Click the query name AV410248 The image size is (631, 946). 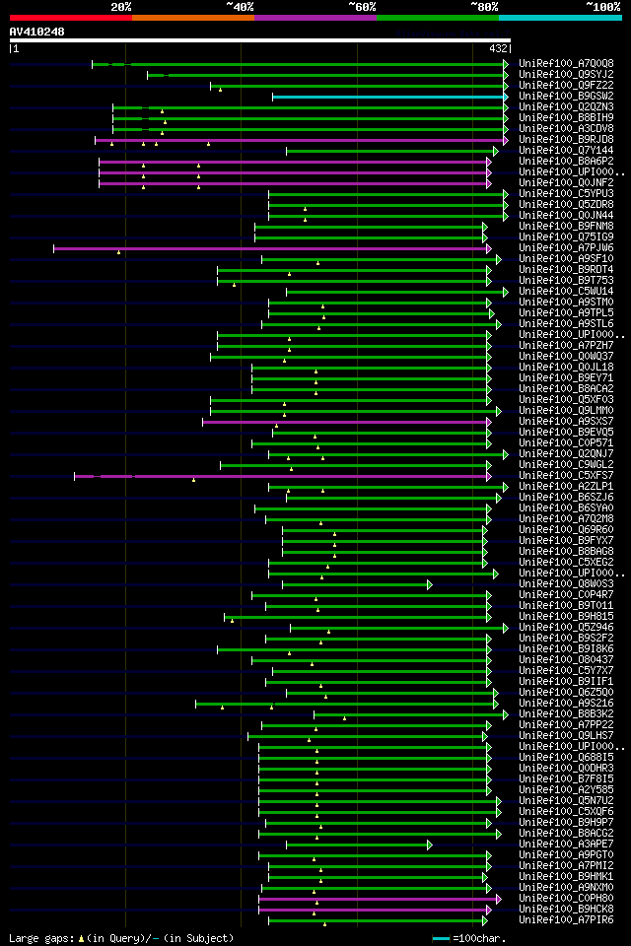[x=37, y=32]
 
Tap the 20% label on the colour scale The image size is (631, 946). [x=121, y=7]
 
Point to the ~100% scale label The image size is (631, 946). [x=602, y=7]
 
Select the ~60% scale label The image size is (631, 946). [x=362, y=7]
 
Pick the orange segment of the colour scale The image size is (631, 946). [x=192, y=18]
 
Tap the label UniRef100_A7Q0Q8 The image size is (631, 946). [x=566, y=64]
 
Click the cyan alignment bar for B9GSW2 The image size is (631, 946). [x=388, y=97]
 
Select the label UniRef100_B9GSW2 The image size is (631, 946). [x=566, y=97]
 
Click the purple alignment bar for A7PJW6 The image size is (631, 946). [x=271, y=248]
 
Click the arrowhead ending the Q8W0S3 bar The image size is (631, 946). [x=430, y=584]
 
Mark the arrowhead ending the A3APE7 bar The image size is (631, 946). [x=430, y=845]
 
